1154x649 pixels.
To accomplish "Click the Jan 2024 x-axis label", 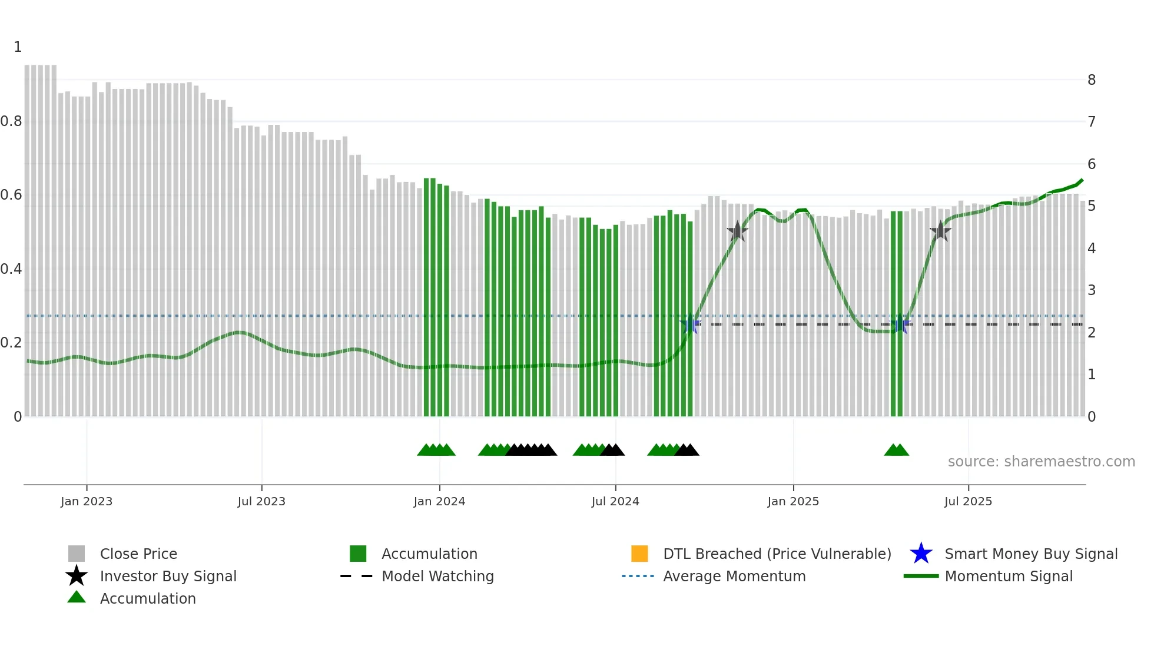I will tap(439, 501).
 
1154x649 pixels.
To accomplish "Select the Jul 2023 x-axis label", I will tap(261, 501).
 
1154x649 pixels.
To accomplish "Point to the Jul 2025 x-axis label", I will tap(968, 501).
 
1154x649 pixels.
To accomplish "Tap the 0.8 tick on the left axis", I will tap(11, 121).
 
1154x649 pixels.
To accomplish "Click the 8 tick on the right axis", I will tap(1091, 80).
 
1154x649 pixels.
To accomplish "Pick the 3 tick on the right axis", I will tap(1091, 290).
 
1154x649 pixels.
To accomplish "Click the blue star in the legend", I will tap(921, 554).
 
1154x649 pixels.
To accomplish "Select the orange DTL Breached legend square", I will tap(639, 554).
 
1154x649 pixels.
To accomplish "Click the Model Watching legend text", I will tap(437, 576).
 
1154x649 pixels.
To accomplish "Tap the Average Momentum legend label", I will tap(734, 576).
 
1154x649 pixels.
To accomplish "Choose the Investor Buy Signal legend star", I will tap(77, 576).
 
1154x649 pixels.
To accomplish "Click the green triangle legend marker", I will tap(77, 597).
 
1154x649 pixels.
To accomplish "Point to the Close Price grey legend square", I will tap(77, 554).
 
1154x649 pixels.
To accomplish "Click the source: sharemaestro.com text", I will tap(1041, 461).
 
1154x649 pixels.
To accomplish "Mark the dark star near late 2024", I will tap(737, 231).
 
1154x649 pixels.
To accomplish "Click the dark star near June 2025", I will tap(940, 231).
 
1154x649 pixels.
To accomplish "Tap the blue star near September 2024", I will tap(690, 324).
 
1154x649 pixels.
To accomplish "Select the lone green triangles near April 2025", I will tap(896, 451).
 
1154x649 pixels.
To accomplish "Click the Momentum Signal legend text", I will tap(1009, 576).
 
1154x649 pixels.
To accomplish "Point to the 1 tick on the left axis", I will tap(18, 47).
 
